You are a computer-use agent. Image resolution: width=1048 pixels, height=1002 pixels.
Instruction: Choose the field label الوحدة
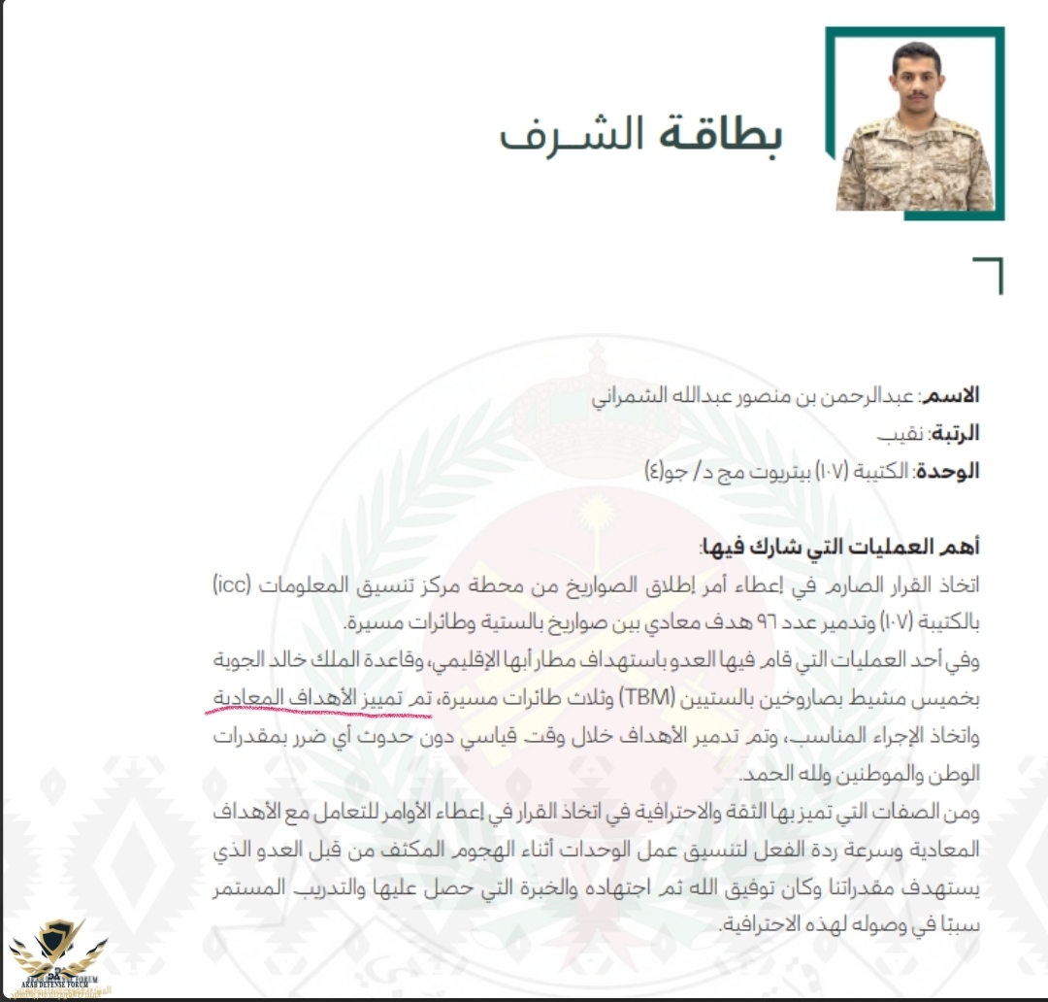[952, 471]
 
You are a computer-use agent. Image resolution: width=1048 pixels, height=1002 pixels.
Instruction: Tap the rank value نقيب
[901, 433]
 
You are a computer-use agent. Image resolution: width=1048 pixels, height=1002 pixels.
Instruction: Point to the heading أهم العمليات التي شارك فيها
[839, 548]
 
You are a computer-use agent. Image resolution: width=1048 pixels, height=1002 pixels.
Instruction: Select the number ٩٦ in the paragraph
[815, 622]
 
